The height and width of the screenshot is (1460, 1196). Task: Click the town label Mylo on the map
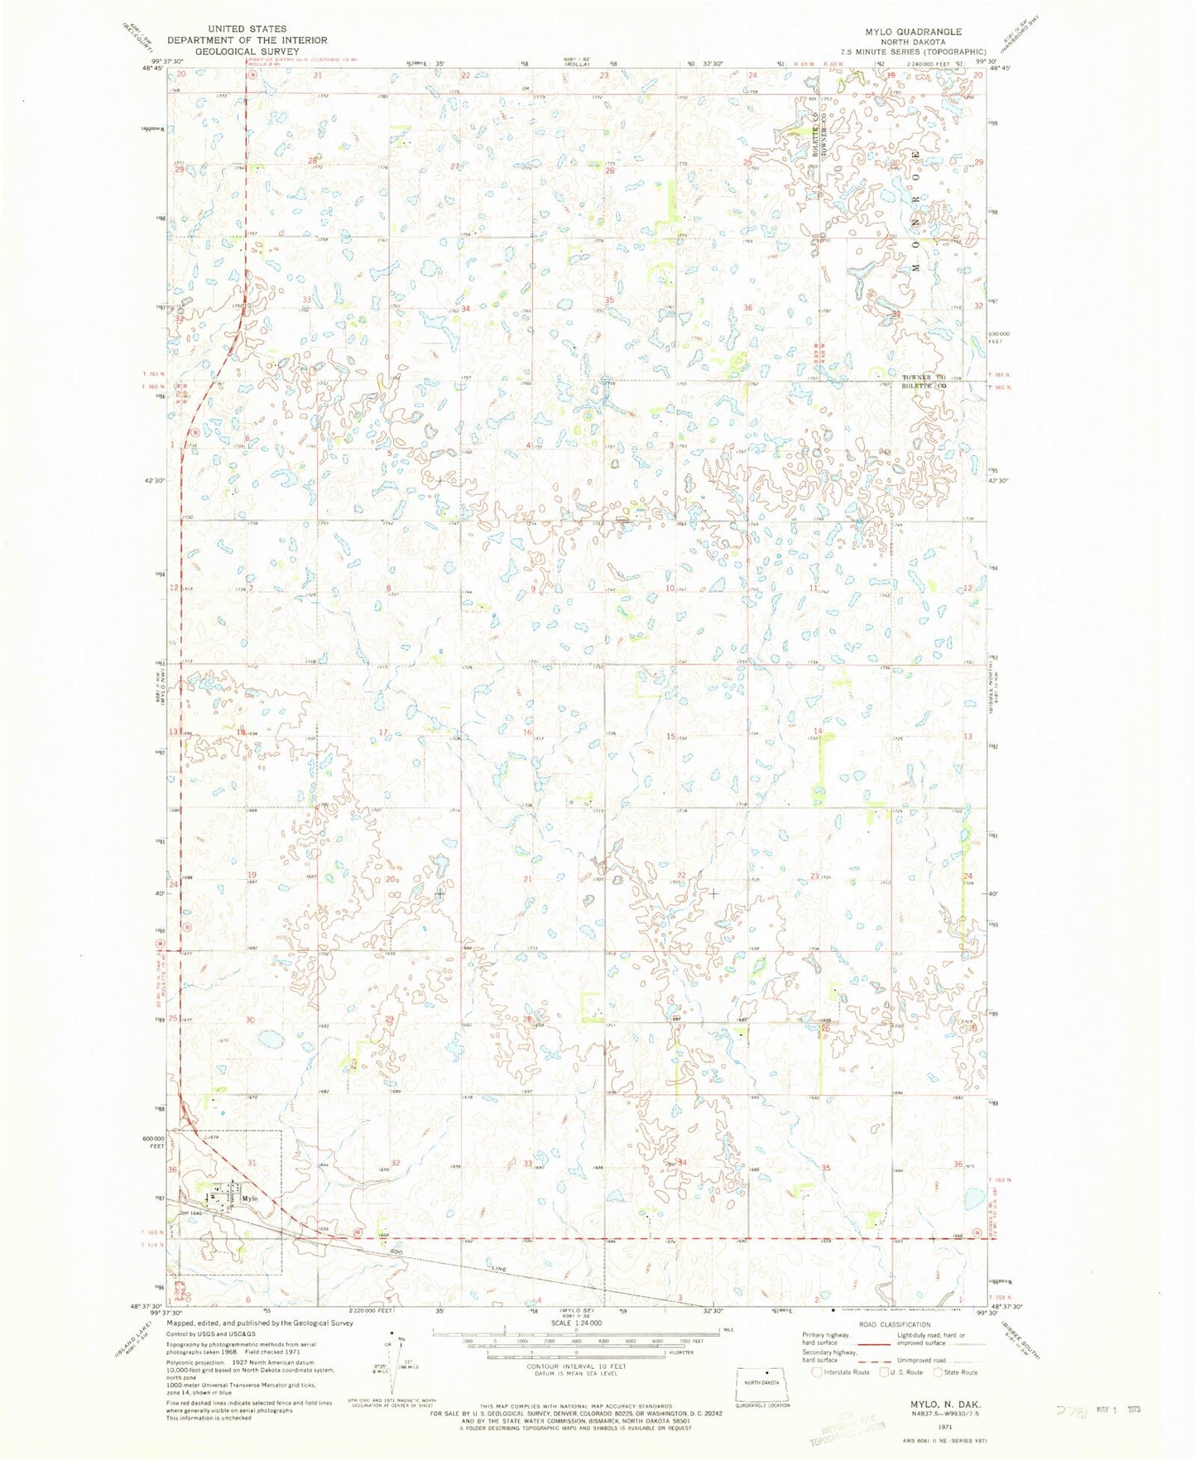tap(250, 1198)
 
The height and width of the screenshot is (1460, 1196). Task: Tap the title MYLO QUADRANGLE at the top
tap(914, 31)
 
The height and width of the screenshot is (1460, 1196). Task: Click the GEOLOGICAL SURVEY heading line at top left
tap(247, 50)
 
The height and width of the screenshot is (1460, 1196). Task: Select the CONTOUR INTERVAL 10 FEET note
tap(576, 1366)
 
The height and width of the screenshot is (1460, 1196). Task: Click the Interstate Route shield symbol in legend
tap(818, 1372)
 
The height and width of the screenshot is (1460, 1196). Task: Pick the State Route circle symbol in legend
tap(939, 1372)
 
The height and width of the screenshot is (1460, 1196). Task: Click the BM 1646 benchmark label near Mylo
tap(193, 1213)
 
